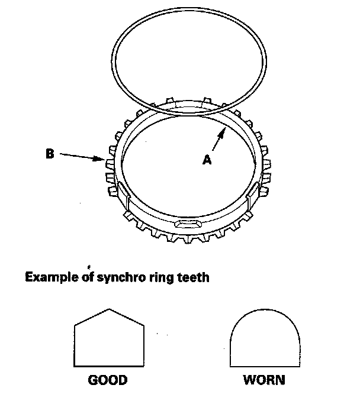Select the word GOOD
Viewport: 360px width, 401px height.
tap(108, 379)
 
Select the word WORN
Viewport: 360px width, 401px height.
tap(263, 379)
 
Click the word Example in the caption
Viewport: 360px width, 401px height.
tap(50, 276)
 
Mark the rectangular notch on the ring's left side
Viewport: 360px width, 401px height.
tap(119, 192)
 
